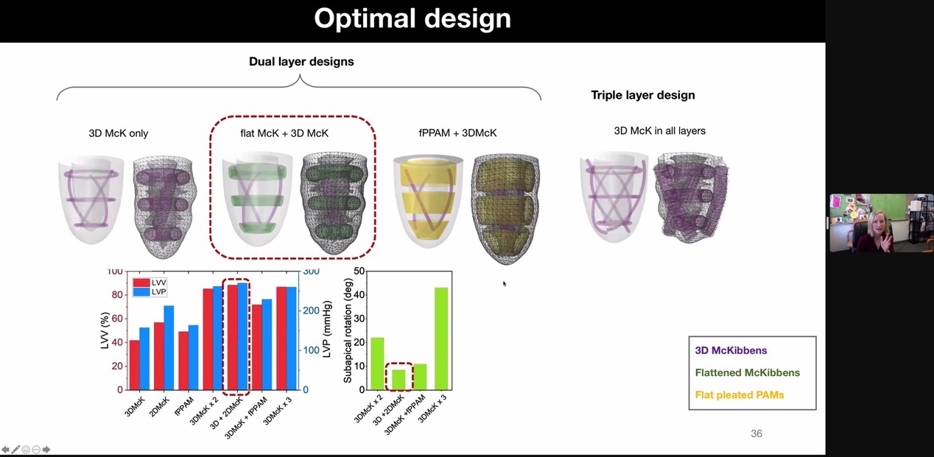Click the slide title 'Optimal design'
point(412,18)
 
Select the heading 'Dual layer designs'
point(301,62)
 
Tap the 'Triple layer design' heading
point(642,95)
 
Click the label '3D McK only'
point(118,133)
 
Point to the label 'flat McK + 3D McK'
point(284,133)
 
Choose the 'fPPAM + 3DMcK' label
point(457,133)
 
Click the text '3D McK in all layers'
point(659,131)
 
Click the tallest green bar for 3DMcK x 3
point(441,339)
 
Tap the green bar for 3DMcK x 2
point(377,364)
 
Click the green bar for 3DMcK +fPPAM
point(420,377)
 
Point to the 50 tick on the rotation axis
point(359,272)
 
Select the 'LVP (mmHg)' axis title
point(326,328)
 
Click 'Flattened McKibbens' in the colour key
point(747,373)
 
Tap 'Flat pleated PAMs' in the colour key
point(739,395)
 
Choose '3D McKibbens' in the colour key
point(731,351)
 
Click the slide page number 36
point(756,433)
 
